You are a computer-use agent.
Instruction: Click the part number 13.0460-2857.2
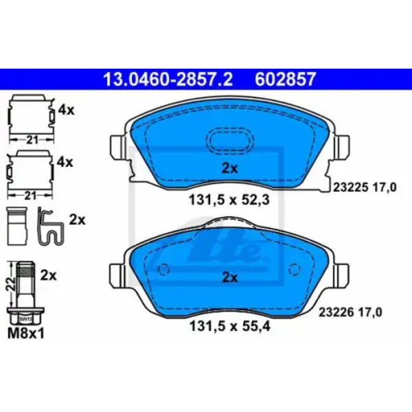coord(168,80)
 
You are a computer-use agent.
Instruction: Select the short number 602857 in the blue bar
coord(285,80)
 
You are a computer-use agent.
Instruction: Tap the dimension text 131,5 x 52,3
coord(229,201)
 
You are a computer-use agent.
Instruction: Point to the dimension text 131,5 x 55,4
coord(230,327)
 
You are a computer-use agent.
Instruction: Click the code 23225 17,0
coord(365,187)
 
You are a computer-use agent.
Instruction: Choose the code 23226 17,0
coord(350,312)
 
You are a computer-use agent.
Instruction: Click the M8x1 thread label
coord(26,334)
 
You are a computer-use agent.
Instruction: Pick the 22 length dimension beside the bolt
coord(10,284)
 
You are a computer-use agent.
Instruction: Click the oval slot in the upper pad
coord(229,140)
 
